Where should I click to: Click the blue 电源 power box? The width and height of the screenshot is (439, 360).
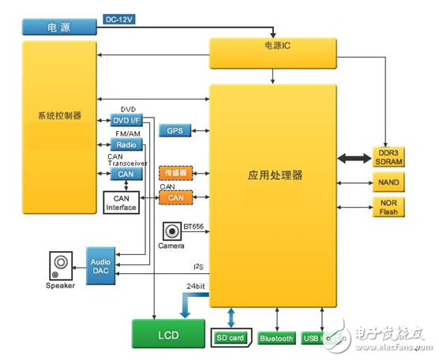(x=60, y=28)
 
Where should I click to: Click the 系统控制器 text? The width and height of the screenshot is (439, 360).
(x=59, y=116)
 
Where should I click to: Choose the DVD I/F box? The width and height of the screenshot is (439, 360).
(x=126, y=120)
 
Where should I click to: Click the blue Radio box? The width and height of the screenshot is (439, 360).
(x=126, y=145)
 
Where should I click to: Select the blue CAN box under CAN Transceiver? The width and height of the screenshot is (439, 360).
(x=126, y=174)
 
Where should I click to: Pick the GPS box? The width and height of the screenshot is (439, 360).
(x=174, y=131)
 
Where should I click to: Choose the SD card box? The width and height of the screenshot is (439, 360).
(x=231, y=339)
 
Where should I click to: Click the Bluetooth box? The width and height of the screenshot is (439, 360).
(x=276, y=339)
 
